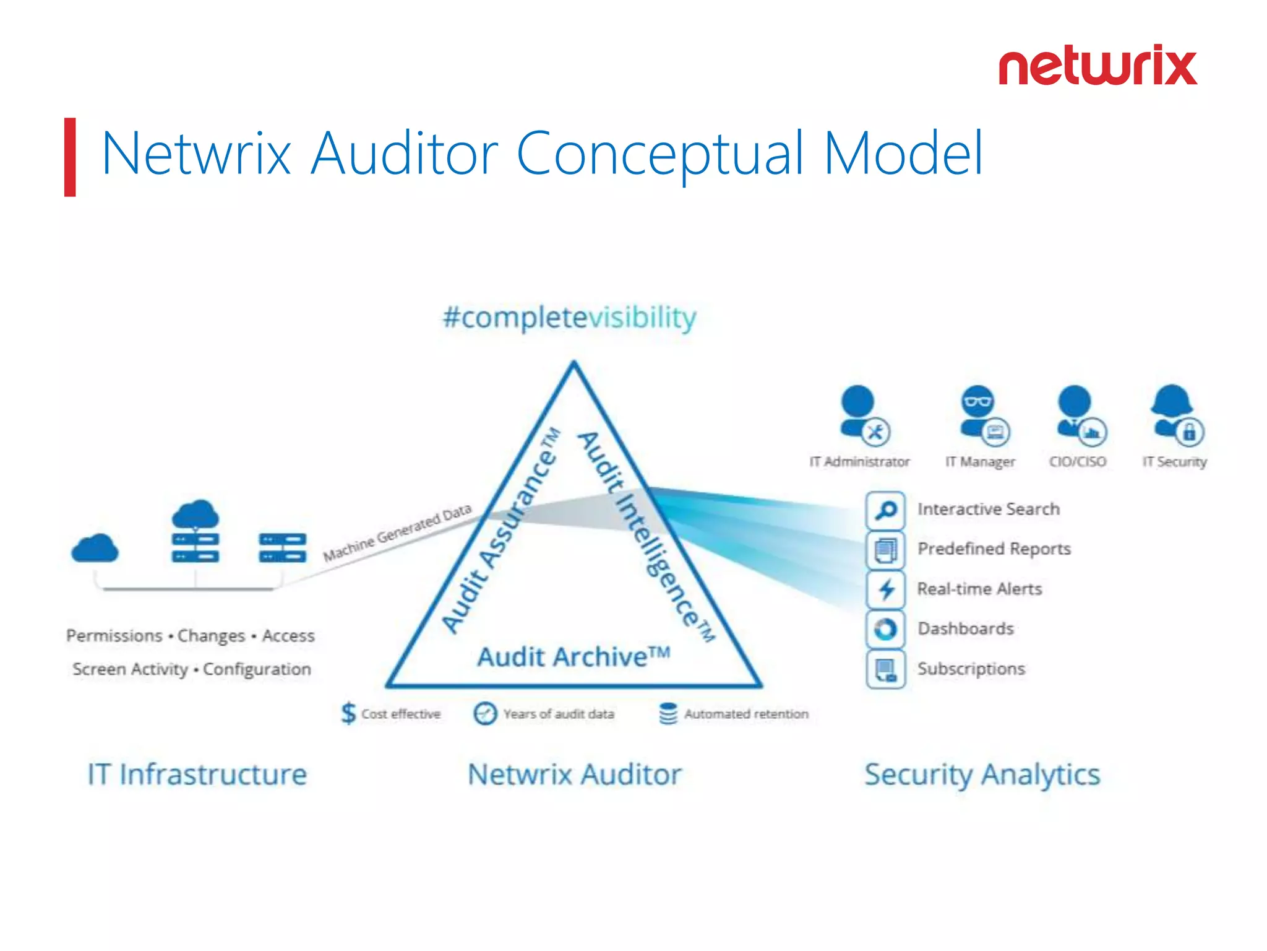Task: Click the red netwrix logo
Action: (1097, 66)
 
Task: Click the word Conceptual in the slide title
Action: (659, 154)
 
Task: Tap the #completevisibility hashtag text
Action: (569, 318)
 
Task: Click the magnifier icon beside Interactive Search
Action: (886, 510)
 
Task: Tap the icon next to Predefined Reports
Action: (886, 550)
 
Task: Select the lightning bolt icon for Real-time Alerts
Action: (886, 589)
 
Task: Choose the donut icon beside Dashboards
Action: (886, 629)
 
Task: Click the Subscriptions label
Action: (971, 669)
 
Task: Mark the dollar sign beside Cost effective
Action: (349, 713)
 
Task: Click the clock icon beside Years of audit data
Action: (485, 713)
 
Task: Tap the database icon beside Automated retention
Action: (668, 713)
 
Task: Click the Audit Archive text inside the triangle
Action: (573, 656)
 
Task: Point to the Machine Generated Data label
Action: (397, 532)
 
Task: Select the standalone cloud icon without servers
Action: (95, 549)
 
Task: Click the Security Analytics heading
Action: (982, 775)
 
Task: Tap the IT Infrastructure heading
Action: (197, 775)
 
